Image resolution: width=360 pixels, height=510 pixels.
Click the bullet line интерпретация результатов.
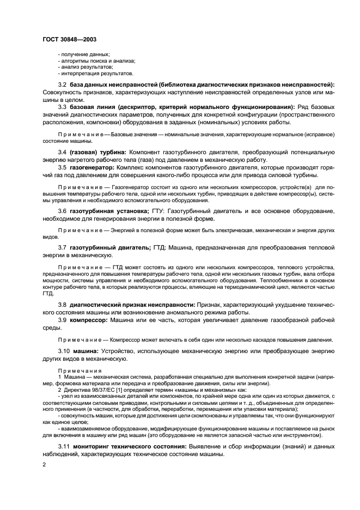click(95, 73)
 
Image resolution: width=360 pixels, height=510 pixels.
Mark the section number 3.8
click(63, 304)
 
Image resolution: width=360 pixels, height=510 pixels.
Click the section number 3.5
click(63, 169)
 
